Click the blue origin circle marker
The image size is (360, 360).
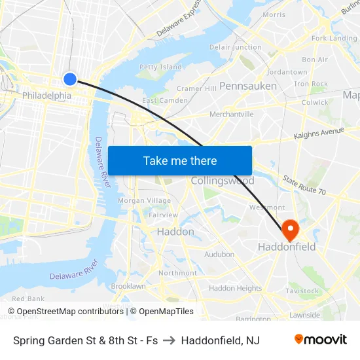pyautogui.click(x=70, y=79)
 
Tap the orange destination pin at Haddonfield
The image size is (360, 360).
pyautogui.click(x=289, y=230)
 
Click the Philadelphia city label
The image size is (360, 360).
pyautogui.click(x=46, y=96)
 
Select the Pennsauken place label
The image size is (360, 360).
pyautogui.click(x=247, y=86)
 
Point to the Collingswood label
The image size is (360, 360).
pyautogui.click(x=223, y=181)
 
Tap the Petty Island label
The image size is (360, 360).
pyautogui.click(x=160, y=67)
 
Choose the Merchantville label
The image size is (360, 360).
pyautogui.click(x=231, y=114)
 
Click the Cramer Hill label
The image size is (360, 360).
pyautogui.click(x=196, y=88)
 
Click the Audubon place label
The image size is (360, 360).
pyautogui.click(x=219, y=254)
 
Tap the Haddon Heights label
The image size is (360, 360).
pyautogui.click(x=235, y=288)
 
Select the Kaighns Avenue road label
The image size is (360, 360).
pyautogui.click(x=319, y=133)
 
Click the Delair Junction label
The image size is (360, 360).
pyautogui.click(x=236, y=47)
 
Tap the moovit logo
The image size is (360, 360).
pyautogui.click(x=321, y=339)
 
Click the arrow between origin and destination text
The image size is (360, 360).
pyautogui.click(x=170, y=340)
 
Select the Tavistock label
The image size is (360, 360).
pyautogui.click(x=302, y=291)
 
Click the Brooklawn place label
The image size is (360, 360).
pyautogui.click(x=128, y=286)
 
